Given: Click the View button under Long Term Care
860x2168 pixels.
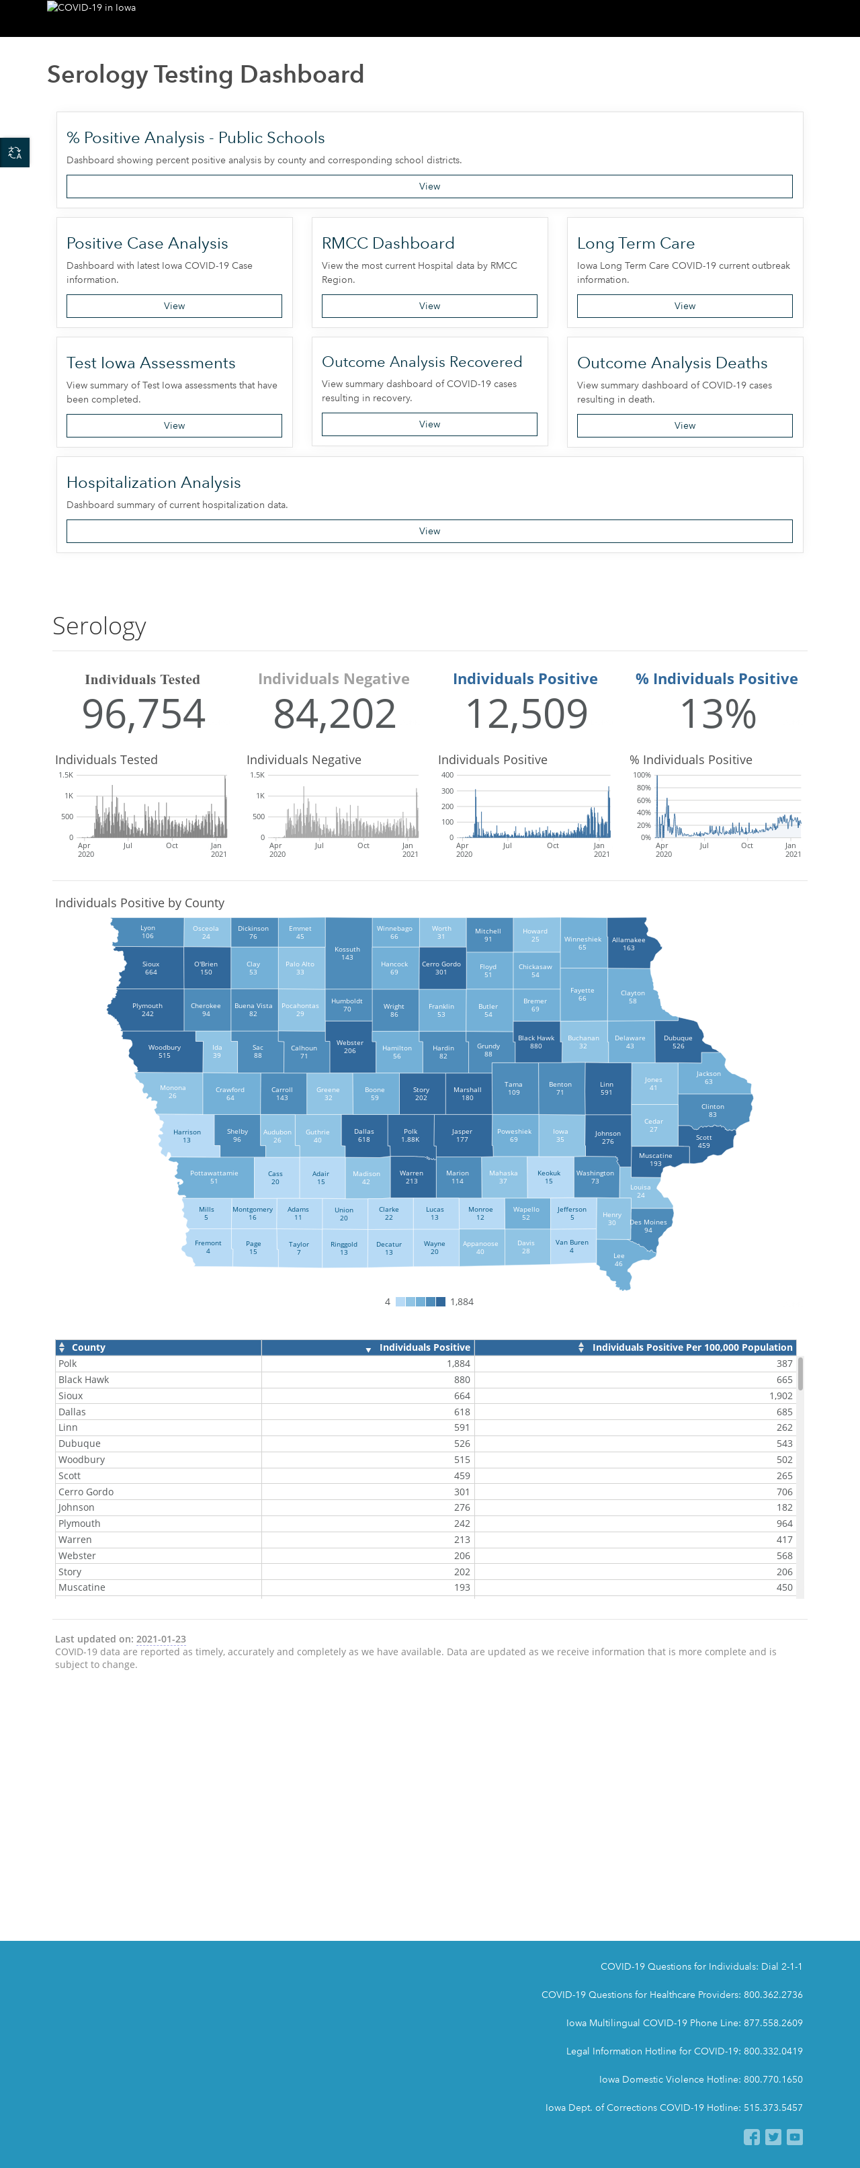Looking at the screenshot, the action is point(684,306).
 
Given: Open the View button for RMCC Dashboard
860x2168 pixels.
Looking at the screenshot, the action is point(429,306).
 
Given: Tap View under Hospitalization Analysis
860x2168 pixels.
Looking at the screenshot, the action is point(429,531).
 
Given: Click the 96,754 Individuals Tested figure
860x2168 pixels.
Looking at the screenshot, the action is point(143,714).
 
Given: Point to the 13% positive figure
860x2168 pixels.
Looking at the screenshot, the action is point(718,714).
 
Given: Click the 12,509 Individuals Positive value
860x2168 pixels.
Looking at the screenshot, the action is point(526,714).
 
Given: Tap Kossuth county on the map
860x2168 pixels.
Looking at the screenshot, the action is point(347,953).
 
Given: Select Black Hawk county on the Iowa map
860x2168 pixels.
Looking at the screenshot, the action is point(536,1042).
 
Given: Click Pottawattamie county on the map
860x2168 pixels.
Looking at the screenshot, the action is point(214,1177).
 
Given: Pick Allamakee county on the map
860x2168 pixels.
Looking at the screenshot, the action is point(630,944).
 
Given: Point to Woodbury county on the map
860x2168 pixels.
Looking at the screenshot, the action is point(165,1051).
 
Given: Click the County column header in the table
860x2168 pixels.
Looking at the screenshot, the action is point(89,1347).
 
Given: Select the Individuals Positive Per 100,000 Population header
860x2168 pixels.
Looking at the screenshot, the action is point(692,1347).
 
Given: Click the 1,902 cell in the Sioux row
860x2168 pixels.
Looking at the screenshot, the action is point(780,1395).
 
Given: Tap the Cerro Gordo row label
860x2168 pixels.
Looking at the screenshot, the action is point(86,1491).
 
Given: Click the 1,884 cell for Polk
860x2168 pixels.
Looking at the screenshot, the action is point(459,1364).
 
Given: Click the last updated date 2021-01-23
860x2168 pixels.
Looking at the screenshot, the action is point(161,1638).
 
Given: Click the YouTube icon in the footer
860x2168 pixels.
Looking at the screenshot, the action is point(794,2137).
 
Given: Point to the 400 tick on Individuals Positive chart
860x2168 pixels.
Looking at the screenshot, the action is point(447,775).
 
